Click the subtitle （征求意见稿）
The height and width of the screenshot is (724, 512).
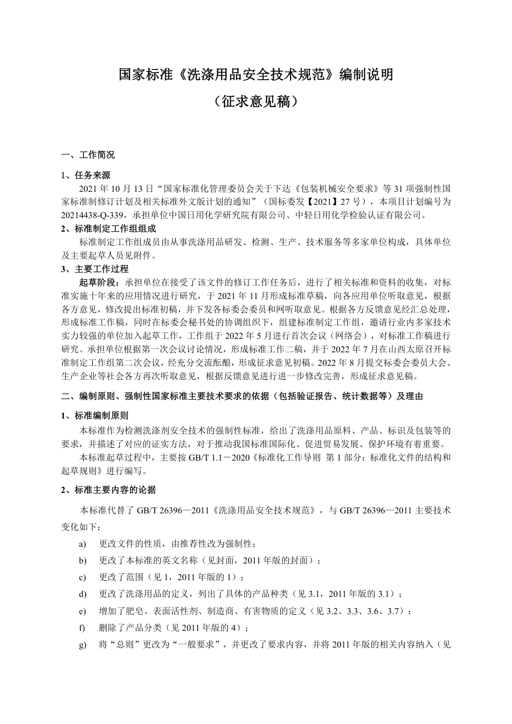point(256,102)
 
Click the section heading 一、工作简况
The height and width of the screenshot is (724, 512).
point(88,155)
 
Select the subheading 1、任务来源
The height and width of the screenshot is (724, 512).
point(86,175)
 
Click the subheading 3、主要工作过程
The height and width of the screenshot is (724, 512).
point(95,269)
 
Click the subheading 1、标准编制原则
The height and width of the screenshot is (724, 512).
point(95,415)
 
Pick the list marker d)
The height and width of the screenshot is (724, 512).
point(82,594)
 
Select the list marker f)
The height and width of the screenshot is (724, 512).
point(82,628)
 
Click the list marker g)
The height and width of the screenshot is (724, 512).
point(82,645)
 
